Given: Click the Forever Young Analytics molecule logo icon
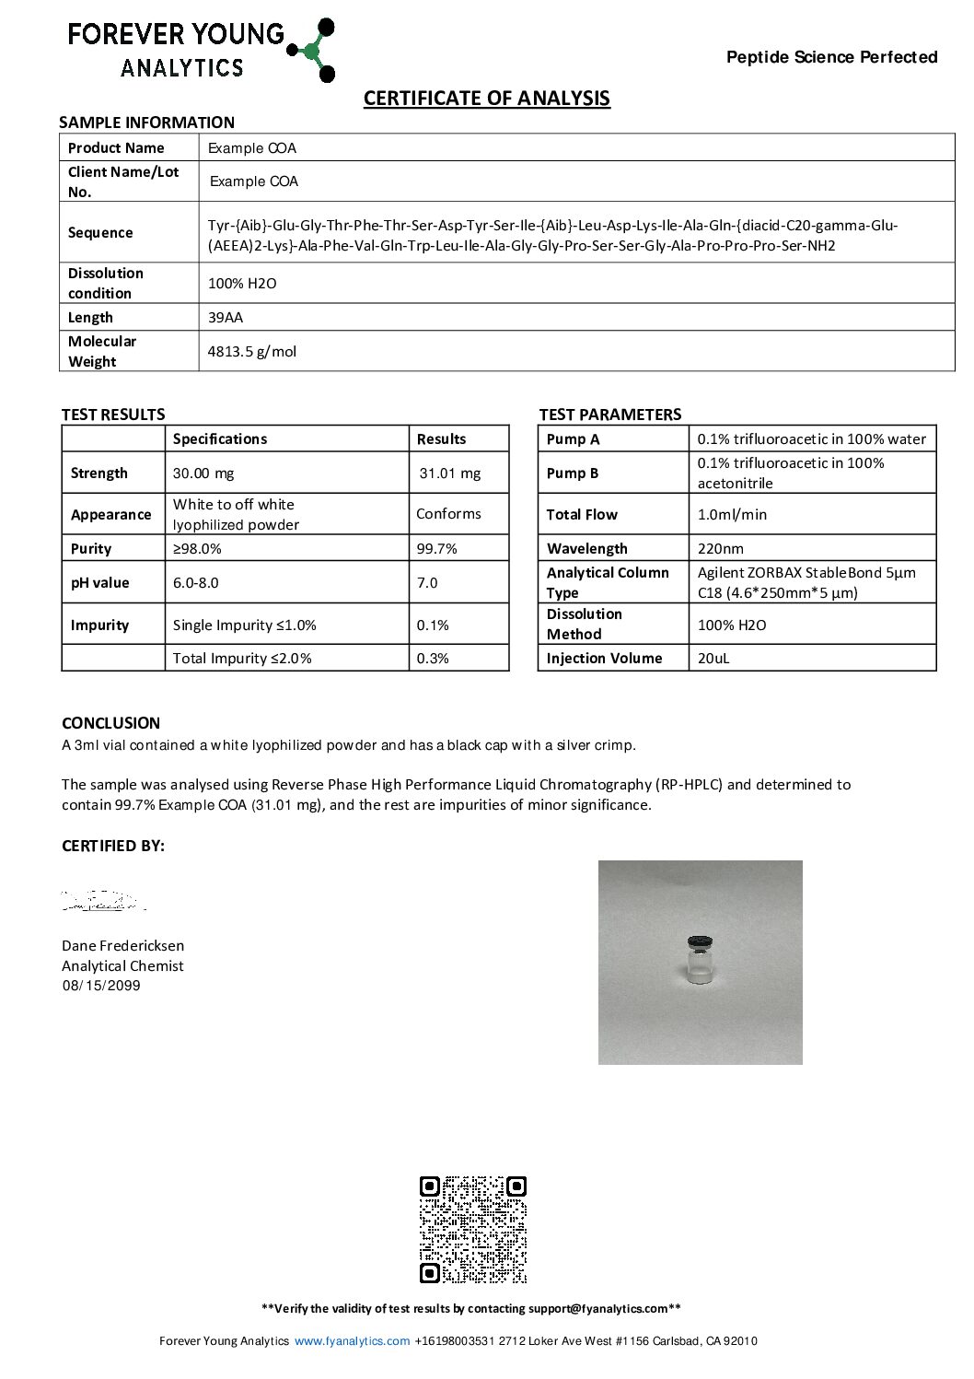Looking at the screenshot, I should tap(313, 50).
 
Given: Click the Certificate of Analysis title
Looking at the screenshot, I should tap(486, 99).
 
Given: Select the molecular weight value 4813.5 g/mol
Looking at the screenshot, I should tap(252, 352).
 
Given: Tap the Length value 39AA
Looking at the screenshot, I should tap(226, 318).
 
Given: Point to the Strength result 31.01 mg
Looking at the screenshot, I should tap(450, 473).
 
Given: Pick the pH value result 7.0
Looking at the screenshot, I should tap(427, 583).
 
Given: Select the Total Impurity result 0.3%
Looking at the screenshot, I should tap(433, 659).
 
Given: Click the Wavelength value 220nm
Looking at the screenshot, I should tap(721, 549).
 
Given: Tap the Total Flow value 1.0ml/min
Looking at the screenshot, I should tap(732, 515).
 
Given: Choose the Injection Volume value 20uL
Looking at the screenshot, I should tap(713, 659).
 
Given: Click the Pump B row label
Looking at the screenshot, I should tap(573, 473).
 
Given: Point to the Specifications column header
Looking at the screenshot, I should tap(220, 439).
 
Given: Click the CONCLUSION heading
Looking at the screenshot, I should tap(110, 723).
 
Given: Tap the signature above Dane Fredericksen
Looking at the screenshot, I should tap(101, 901).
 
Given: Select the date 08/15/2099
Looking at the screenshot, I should tap(101, 986).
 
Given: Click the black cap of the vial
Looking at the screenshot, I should tap(701, 942).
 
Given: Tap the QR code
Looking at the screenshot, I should tap(473, 1230).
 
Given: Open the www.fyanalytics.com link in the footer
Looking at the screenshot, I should tap(352, 1341).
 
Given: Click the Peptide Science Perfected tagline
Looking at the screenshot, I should tap(831, 57).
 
